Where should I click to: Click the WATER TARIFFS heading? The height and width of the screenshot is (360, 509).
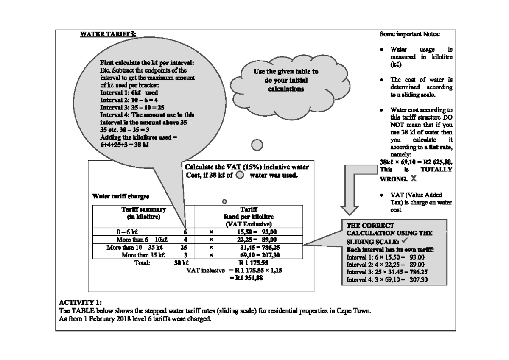tap(108, 34)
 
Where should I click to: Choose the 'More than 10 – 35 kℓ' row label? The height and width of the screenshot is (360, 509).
tap(136, 247)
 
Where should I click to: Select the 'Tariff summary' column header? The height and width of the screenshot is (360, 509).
tap(144, 209)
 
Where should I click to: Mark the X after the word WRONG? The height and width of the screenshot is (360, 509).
tap(414, 179)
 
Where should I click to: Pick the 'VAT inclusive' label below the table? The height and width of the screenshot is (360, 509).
tap(206, 270)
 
